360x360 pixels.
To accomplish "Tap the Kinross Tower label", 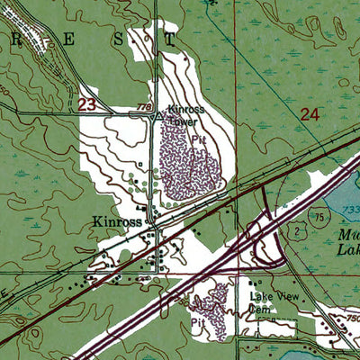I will pyautogui.click(x=186, y=114).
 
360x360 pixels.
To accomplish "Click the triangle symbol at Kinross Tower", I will pyautogui.click(x=158, y=116).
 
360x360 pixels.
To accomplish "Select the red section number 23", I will pyautogui.click(x=86, y=105).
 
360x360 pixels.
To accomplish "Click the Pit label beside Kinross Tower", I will pyautogui.click(x=211, y=141).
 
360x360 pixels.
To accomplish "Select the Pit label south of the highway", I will pyautogui.click(x=197, y=319).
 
